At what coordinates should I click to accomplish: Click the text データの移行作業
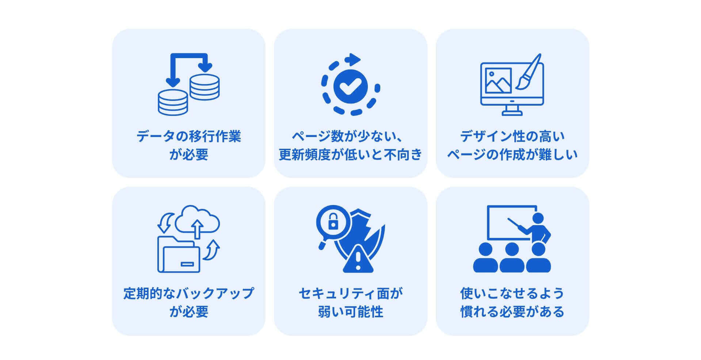click(x=188, y=136)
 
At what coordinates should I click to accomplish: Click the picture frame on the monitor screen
click(x=498, y=80)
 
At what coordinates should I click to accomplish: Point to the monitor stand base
click(x=512, y=113)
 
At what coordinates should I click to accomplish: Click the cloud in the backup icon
click(x=197, y=219)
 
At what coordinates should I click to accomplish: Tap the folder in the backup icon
click(x=179, y=256)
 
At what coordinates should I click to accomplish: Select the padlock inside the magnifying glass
click(x=333, y=221)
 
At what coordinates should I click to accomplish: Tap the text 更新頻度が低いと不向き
click(x=350, y=155)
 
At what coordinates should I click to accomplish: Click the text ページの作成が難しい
click(x=512, y=155)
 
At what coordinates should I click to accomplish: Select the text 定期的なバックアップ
click(x=188, y=293)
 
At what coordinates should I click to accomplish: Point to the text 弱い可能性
click(x=350, y=312)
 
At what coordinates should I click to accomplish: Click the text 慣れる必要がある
click(x=512, y=312)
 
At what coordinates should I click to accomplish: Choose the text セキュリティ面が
click(x=350, y=293)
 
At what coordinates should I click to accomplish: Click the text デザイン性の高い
click(x=512, y=136)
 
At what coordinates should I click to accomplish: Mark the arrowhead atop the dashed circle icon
click(x=354, y=58)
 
